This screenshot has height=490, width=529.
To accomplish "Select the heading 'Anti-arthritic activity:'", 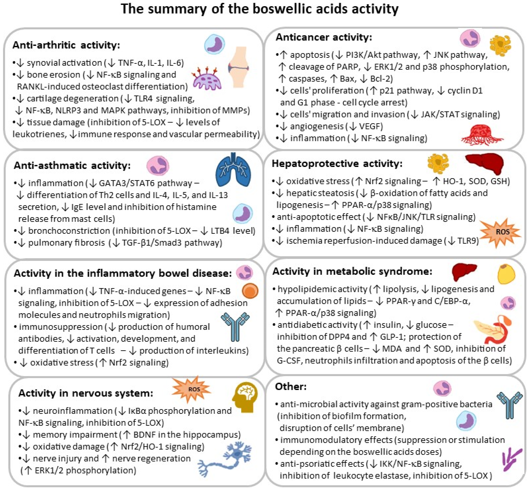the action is pos(66,45).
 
